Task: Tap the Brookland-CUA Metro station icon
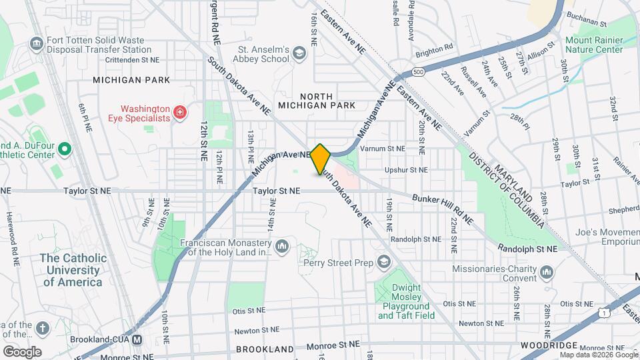click(x=137, y=339)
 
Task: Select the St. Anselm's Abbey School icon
click(x=299, y=53)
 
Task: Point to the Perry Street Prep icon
click(x=383, y=262)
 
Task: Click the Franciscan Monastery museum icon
click(x=282, y=247)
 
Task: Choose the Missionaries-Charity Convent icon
click(x=547, y=271)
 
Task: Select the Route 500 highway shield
click(x=418, y=71)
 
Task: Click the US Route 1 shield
click(x=603, y=311)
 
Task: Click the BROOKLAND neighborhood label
click(x=265, y=349)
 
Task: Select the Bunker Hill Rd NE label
click(x=443, y=209)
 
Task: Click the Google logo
click(x=22, y=351)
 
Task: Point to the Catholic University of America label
click(x=73, y=270)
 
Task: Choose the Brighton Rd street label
click(x=434, y=47)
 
